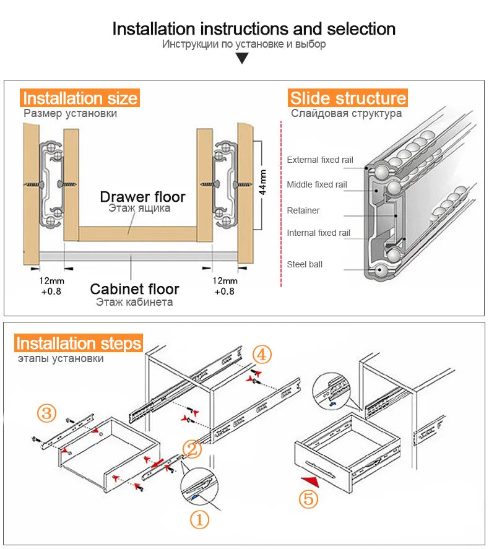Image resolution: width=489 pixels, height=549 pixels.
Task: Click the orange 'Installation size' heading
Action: coord(80,98)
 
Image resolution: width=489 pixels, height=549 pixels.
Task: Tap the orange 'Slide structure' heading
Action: coord(348,98)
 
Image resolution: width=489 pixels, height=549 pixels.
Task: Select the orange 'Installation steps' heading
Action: coord(79,344)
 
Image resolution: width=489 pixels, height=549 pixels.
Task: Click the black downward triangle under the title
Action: coord(242,59)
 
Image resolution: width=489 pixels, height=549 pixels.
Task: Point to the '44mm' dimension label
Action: coord(262,182)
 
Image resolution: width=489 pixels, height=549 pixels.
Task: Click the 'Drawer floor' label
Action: coord(142,197)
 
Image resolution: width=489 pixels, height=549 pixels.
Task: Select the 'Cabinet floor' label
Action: coord(134,289)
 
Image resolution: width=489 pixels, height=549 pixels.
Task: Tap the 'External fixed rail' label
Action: coord(319,160)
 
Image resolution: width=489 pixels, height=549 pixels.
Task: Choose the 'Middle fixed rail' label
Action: coord(316,184)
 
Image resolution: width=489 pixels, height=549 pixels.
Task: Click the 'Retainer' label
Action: coord(303,210)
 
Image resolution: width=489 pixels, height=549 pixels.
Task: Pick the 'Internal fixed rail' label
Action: coord(318,233)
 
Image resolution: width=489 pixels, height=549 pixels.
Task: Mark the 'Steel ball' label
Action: coord(304,264)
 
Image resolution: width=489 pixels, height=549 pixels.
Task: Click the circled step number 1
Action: coord(199,520)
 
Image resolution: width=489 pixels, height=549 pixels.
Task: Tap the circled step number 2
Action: coord(192,449)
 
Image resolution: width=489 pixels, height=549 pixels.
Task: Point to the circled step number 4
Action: coord(261,355)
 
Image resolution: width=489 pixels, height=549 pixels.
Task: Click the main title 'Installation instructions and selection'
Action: coord(254,29)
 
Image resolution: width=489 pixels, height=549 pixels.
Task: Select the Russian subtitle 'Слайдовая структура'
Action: coord(346,113)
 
